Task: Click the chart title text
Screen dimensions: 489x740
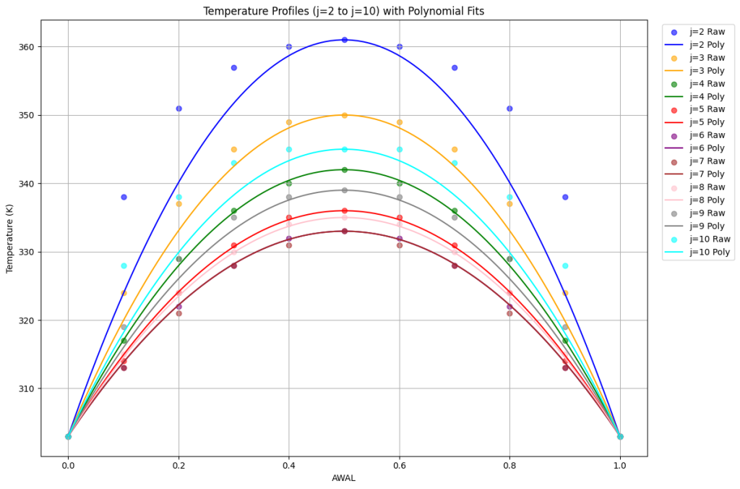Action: pyautogui.click(x=343, y=11)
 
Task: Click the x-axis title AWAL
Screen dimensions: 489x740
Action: pyautogui.click(x=343, y=478)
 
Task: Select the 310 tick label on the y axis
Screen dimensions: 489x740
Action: pyautogui.click(x=26, y=388)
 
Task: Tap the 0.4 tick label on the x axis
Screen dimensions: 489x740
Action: pyautogui.click(x=288, y=467)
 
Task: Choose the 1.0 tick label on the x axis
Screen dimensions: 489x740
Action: pyautogui.click(x=619, y=467)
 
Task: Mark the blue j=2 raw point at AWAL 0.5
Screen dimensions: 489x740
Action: pyautogui.click(x=344, y=40)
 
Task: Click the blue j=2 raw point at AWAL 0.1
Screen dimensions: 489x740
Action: pyautogui.click(x=124, y=197)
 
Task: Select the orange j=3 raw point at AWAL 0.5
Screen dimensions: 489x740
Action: pyautogui.click(x=344, y=115)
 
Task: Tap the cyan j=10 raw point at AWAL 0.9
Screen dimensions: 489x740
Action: pyautogui.click(x=565, y=265)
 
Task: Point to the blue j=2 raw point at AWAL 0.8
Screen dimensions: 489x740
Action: pyautogui.click(x=509, y=109)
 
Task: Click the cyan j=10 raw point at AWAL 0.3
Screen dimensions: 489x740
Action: pyautogui.click(x=233, y=163)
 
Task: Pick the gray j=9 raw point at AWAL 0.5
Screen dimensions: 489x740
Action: pyautogui.click(x=344, y=190)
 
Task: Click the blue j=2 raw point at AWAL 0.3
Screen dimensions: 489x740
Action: pyautogui.click(x=233, y=67)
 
